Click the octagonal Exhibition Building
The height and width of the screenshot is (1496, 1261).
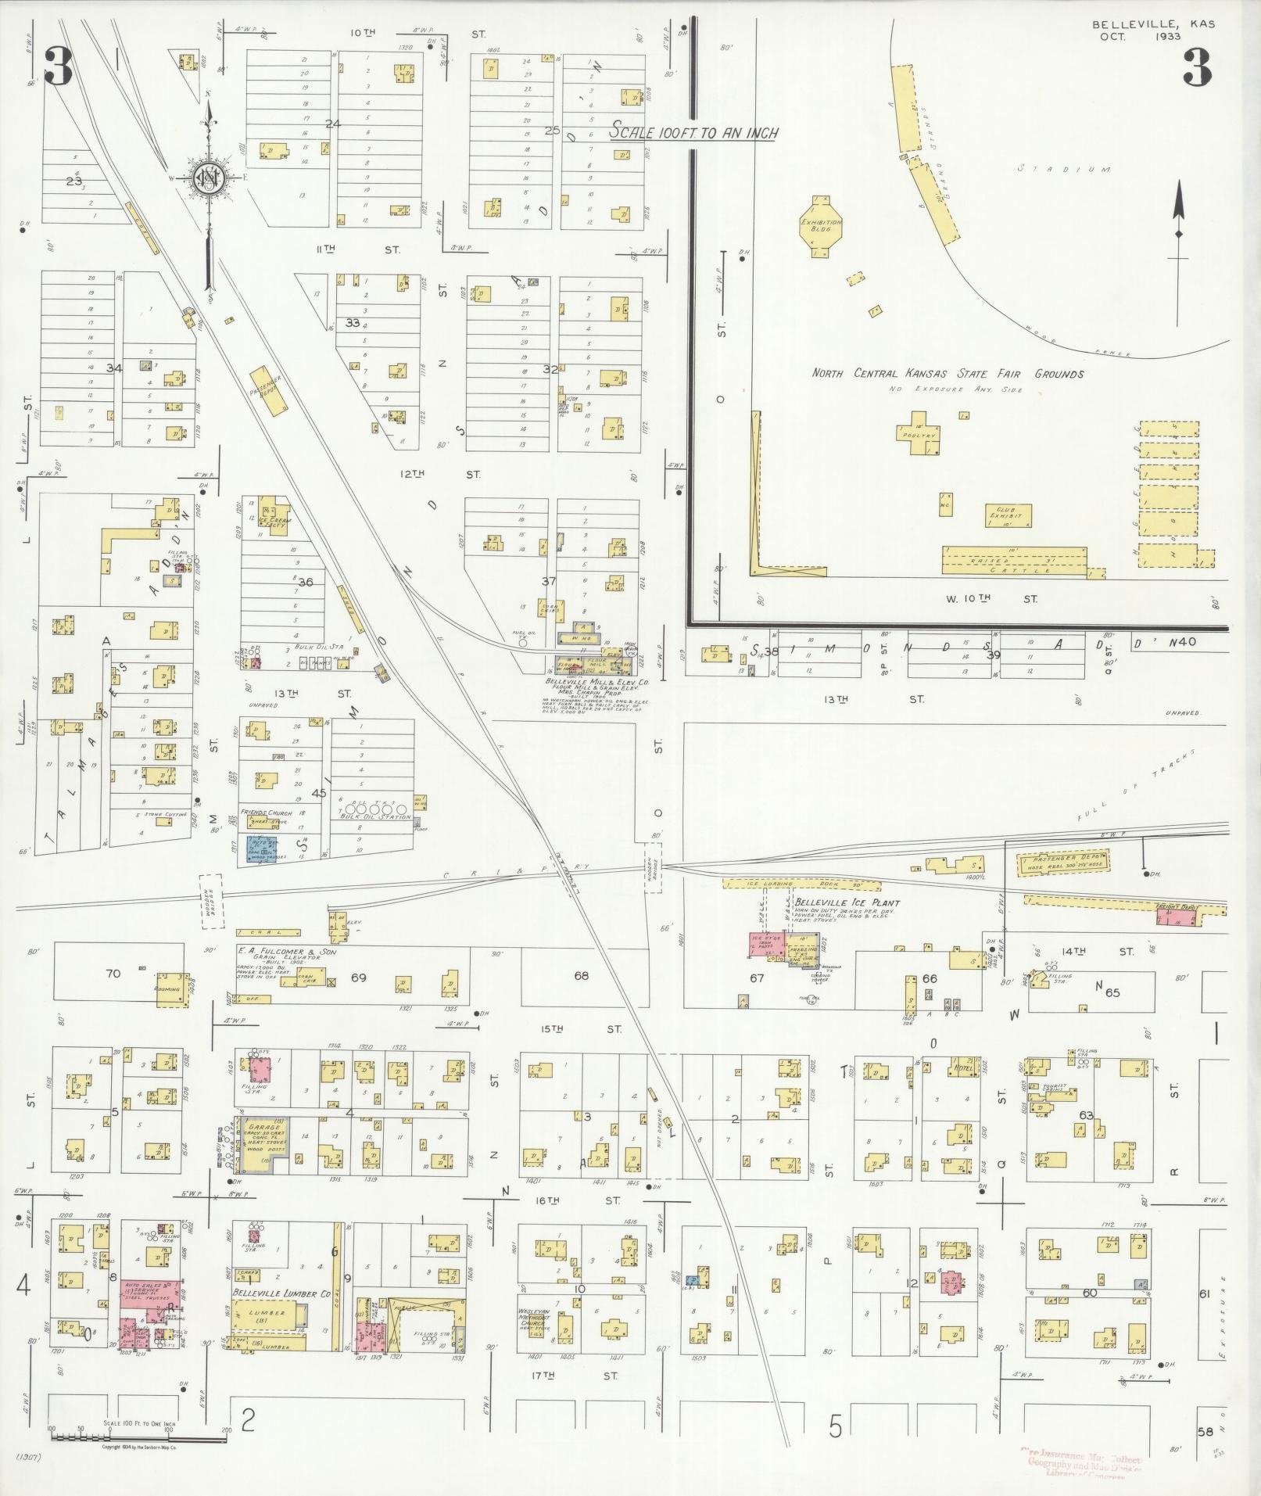[x=820, y=226]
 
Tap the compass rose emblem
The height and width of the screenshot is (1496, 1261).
[x=209, y=179]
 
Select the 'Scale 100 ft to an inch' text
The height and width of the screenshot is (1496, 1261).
[x=694, y=132]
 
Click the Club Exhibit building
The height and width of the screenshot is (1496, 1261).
[x=1008, y=515]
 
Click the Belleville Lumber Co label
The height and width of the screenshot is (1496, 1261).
[x=270, y=1293]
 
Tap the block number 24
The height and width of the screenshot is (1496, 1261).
[x=333, y=124]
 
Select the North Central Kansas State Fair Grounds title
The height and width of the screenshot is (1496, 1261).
[x=947, y=374]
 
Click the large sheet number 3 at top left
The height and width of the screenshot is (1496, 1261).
[x=59, y=67]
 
